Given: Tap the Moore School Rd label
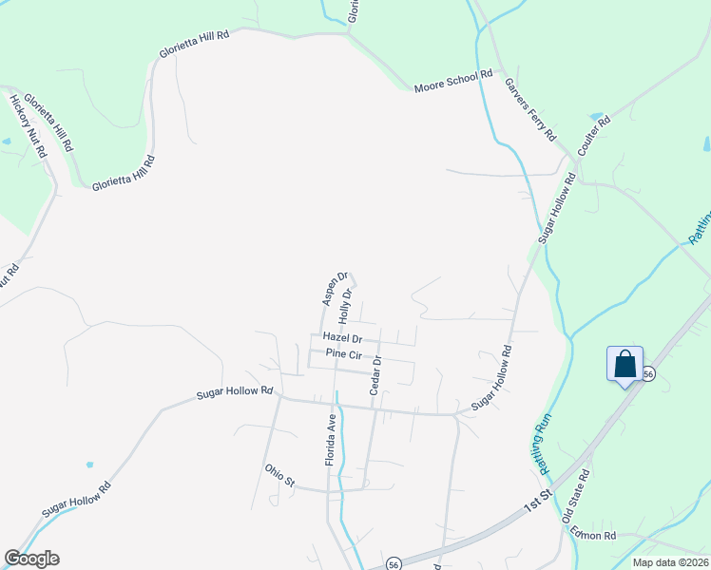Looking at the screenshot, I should tap(453, 82).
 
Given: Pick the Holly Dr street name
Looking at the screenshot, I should tap(346, 306).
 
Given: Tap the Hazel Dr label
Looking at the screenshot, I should tap(342, 337).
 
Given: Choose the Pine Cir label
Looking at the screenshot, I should tap(344, 354).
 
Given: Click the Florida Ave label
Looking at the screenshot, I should tap(333, 438).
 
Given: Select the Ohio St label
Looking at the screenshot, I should tap(281, 475).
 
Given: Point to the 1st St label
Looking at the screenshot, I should tap(538, 503).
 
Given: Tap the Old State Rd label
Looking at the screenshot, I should tap(577, 496).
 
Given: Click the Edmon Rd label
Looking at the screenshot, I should tap(594, 535).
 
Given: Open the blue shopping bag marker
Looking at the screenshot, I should tap(625, 365).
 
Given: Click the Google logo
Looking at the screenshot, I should tap(31, 559).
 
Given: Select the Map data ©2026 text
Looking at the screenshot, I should tap(671, 562).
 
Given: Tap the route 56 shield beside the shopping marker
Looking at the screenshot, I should tap(648, 374).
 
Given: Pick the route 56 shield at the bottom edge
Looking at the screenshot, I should tap(394, 563).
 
